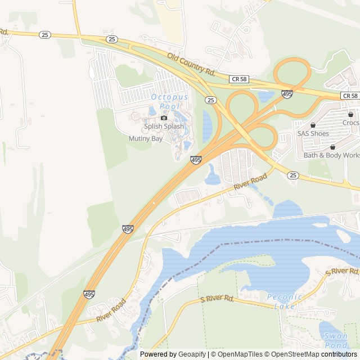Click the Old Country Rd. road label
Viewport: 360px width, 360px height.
(191, 64)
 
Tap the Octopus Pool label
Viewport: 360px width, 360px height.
(169, 101)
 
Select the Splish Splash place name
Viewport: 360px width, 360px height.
(164, 127)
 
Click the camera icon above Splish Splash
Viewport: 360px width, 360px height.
(164, 118)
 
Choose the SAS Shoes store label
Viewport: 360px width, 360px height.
(313, 134)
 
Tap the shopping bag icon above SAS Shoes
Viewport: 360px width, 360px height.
(313, 125)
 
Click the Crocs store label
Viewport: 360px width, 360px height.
(350, 123)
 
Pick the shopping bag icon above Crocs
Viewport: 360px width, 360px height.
(350, 114)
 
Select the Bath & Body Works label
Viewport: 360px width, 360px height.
(332, 155)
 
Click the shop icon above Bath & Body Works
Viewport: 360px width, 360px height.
(332, 147)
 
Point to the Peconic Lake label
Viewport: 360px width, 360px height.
(285, 301)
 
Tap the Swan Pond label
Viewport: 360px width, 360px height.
(336, 340)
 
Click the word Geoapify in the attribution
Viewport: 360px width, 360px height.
(192, 354)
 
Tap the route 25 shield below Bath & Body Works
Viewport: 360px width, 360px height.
(292, 175)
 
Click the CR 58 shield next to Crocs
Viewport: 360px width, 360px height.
(350, 96)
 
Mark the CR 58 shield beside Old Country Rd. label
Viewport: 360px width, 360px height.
(239, 80)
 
